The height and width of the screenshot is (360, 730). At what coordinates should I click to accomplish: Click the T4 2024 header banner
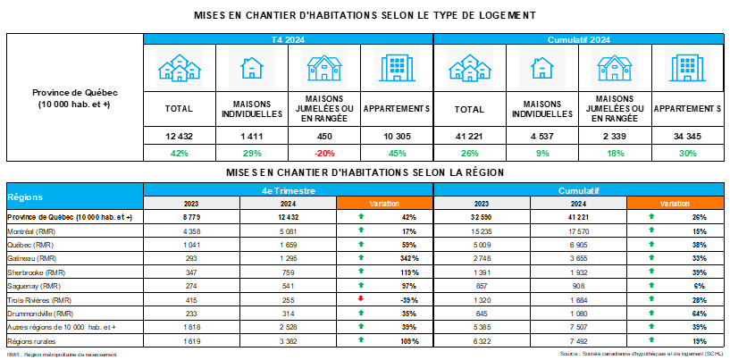tap(289, 39)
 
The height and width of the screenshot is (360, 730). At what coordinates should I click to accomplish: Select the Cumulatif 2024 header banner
tap(577, 39)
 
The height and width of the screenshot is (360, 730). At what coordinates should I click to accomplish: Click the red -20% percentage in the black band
tap(324, 153)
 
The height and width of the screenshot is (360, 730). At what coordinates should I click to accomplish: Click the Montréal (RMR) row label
tap(32, 230)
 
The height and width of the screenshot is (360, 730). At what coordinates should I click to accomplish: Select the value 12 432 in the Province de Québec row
tap(288, 217)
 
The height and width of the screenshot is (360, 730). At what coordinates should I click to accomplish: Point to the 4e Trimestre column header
tap(289, 189)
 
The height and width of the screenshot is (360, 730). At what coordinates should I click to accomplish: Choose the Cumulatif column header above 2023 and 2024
tap(577, 189)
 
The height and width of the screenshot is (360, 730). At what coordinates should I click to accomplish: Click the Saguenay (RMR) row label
tap(33, 285)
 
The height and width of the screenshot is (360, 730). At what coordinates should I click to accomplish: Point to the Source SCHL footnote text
tap(640, 355)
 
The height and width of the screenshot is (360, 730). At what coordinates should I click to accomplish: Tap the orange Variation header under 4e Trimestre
tap(384, 204)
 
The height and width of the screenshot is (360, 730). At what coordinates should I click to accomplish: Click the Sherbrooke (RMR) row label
tap(35, 272)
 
